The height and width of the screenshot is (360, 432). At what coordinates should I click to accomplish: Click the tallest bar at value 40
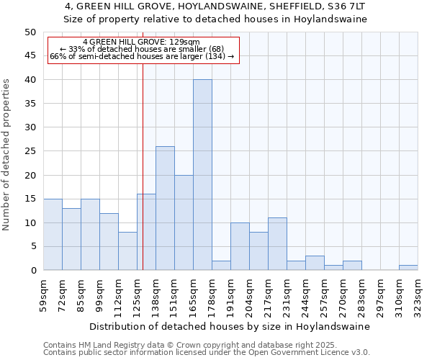coord(202,175)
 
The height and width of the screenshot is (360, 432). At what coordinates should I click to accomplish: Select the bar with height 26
coord(165,208)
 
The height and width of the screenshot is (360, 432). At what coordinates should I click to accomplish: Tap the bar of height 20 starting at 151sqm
coord(184,222)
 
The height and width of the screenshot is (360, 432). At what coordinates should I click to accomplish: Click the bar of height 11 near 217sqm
coord(277,244)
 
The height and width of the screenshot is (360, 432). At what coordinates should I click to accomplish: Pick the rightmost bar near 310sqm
coord(408,268)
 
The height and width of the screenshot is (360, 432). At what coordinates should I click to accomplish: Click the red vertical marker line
coord(143,144)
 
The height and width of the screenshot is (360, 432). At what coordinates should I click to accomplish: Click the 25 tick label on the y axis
coord(30,151)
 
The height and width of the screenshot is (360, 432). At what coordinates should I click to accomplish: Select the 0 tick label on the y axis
coord(32,271)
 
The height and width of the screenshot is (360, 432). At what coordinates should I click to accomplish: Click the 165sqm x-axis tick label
coord(194,295)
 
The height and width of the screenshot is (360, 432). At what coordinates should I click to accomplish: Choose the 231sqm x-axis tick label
coord(287,295)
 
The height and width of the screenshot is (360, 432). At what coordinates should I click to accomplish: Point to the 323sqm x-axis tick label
coord(418,295)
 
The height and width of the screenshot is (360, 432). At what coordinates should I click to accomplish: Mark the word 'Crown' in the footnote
coord(171,345)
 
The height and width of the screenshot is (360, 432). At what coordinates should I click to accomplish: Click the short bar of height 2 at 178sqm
coord(221,266)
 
